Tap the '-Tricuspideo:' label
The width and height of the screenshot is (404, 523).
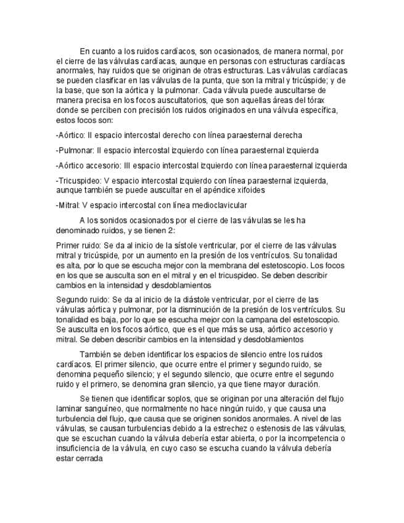pos(78,181)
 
